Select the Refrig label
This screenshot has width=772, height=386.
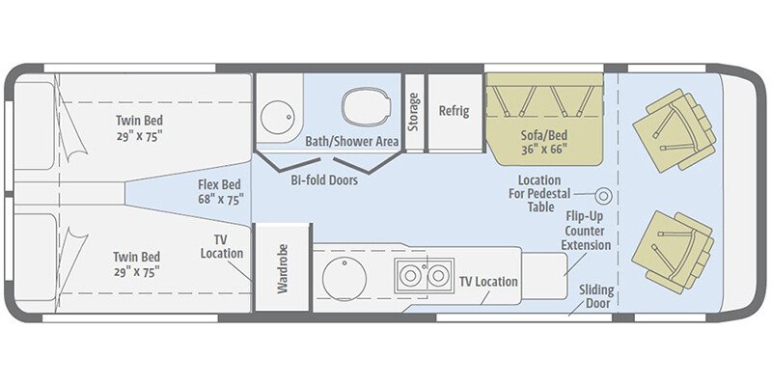click(x=454, y=111)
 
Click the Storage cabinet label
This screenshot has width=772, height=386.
click(x=414, y=113)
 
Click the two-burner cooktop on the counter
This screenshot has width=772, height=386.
click(x=424, y=275)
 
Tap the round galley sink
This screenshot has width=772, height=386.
click(x=344, y=279)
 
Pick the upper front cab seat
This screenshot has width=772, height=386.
click(x=675, y=130)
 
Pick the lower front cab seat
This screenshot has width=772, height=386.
click(x=675, y=250)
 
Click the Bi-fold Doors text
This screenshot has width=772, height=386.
click(x=324, y=179)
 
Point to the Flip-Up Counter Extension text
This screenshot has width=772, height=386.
click(x=588, y=231)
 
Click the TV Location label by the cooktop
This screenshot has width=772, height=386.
click(x=488, y=282)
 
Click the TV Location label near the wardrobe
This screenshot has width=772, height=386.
click(x=223, y=246)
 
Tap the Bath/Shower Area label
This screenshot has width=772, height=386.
click(x=351, y=142)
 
